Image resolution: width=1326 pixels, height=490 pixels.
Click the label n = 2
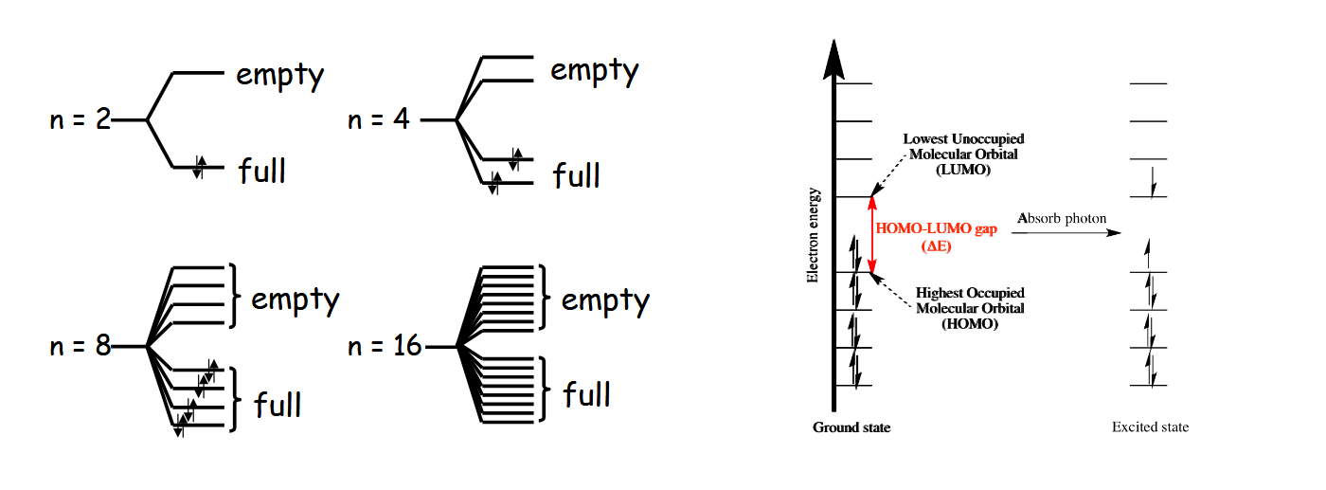81,120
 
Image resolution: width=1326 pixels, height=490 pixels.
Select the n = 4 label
379,120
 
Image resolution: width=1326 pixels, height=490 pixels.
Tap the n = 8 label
81,346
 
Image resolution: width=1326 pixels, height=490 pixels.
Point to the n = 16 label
385,346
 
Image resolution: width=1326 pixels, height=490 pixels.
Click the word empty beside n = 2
280,75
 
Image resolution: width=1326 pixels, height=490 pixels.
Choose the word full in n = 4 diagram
577,175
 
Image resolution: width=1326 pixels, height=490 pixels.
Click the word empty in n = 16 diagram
605,300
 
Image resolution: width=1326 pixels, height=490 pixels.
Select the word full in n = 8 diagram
278,405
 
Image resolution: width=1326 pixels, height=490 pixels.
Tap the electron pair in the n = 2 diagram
199,167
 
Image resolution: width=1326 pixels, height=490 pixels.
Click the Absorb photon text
1061,219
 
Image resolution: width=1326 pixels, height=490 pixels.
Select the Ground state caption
851,427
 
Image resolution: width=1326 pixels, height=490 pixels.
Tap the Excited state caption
1150,427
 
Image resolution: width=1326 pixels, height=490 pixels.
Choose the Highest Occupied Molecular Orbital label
971,308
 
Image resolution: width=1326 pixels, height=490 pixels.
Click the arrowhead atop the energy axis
833,59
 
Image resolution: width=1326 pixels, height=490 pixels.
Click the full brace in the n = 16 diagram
547,390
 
